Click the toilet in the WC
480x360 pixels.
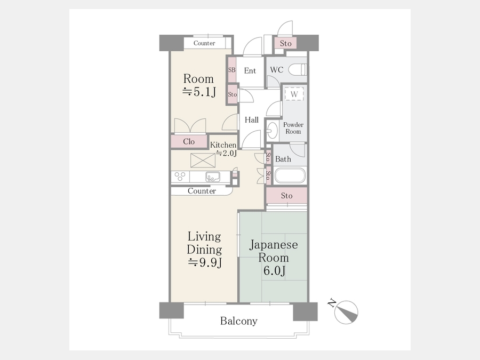click(x=297, y=69)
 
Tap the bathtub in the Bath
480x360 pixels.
click(x=290, y=175)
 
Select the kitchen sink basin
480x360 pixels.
click(x=213, y=177)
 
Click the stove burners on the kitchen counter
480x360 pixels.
click(x=180, y=177)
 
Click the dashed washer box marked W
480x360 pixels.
click(x=294, y=94)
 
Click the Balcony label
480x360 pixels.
click(x=239, y=321)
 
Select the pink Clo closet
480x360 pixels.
click(x=189, y=141)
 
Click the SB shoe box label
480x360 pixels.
click(x=232, y=70)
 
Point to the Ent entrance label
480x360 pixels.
click(x=250, y=71)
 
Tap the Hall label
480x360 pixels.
click(x=252, y=119)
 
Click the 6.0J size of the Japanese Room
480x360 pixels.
click(x=275, y=270)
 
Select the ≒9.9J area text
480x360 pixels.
click(x=204, y=262)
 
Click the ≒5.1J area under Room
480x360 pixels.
click(x=199, y=92)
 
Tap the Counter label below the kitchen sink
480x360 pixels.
click(x=202, y=191)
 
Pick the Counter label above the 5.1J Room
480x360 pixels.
click(x=204, y=43)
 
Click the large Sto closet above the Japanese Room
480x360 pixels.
click(x=286, y=195)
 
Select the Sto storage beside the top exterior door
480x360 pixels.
click(x=285, y=43)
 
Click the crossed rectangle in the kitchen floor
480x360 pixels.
click(x=203, y=161)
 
